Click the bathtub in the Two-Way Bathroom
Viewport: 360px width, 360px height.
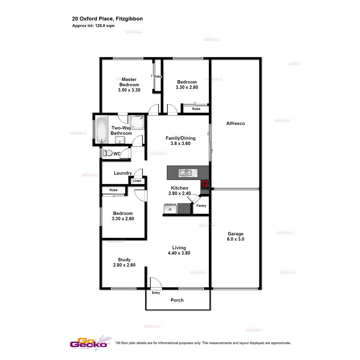tap(101, 130)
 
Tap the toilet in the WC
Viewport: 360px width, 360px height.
tap(108, 153)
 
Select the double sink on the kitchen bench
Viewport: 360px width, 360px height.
tap(188, 173)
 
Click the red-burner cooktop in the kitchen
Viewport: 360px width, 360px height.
tap(205, 184)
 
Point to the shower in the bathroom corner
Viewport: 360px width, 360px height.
tap(137, 122)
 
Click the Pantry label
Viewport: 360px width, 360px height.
tap(201, 206)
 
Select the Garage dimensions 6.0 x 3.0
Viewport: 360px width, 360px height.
tap(236, 239)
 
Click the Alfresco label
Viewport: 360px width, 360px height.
tap(236, 123)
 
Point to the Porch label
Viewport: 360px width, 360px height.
tap(177, 300)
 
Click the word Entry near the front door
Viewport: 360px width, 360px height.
tap(156, 293)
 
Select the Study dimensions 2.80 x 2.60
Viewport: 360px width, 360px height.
tap(124, 265)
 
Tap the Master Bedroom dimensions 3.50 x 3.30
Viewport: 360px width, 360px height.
tap(129, 90)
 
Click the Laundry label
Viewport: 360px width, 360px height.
tap(123, 173)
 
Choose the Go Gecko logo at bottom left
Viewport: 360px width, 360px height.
tap(89, 343)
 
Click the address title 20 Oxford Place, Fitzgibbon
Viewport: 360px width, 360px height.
tap(107, 19)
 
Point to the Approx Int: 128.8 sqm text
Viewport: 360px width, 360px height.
tap(93, 26)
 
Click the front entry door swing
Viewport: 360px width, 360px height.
tap(155, 283)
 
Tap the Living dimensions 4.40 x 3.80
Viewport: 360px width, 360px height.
tap(179, 253)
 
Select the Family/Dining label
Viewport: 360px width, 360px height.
tap(181, 138)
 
